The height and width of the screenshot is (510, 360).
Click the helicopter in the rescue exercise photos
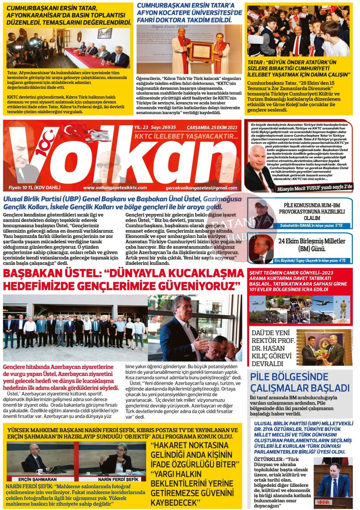point(258,301)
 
